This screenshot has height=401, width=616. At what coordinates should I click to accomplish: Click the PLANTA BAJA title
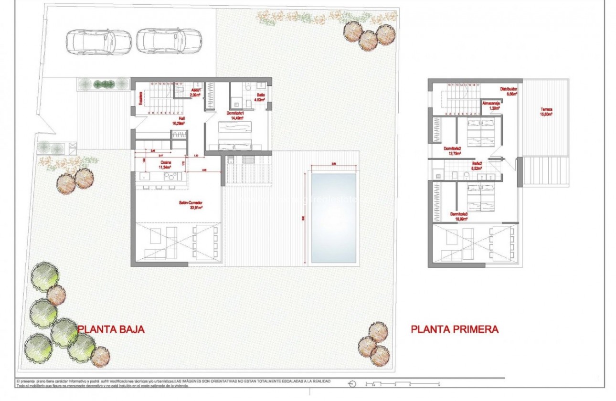coord(111,329)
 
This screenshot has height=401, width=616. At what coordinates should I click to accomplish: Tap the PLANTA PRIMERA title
coord(455,329)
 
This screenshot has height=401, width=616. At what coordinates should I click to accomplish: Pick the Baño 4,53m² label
coord(259,97)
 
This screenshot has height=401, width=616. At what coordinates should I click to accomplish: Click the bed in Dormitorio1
coord(234,135)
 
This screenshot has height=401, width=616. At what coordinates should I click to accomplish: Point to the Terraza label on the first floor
coord(546,112)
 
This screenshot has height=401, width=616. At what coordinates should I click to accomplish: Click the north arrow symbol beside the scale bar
coord(353,384)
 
